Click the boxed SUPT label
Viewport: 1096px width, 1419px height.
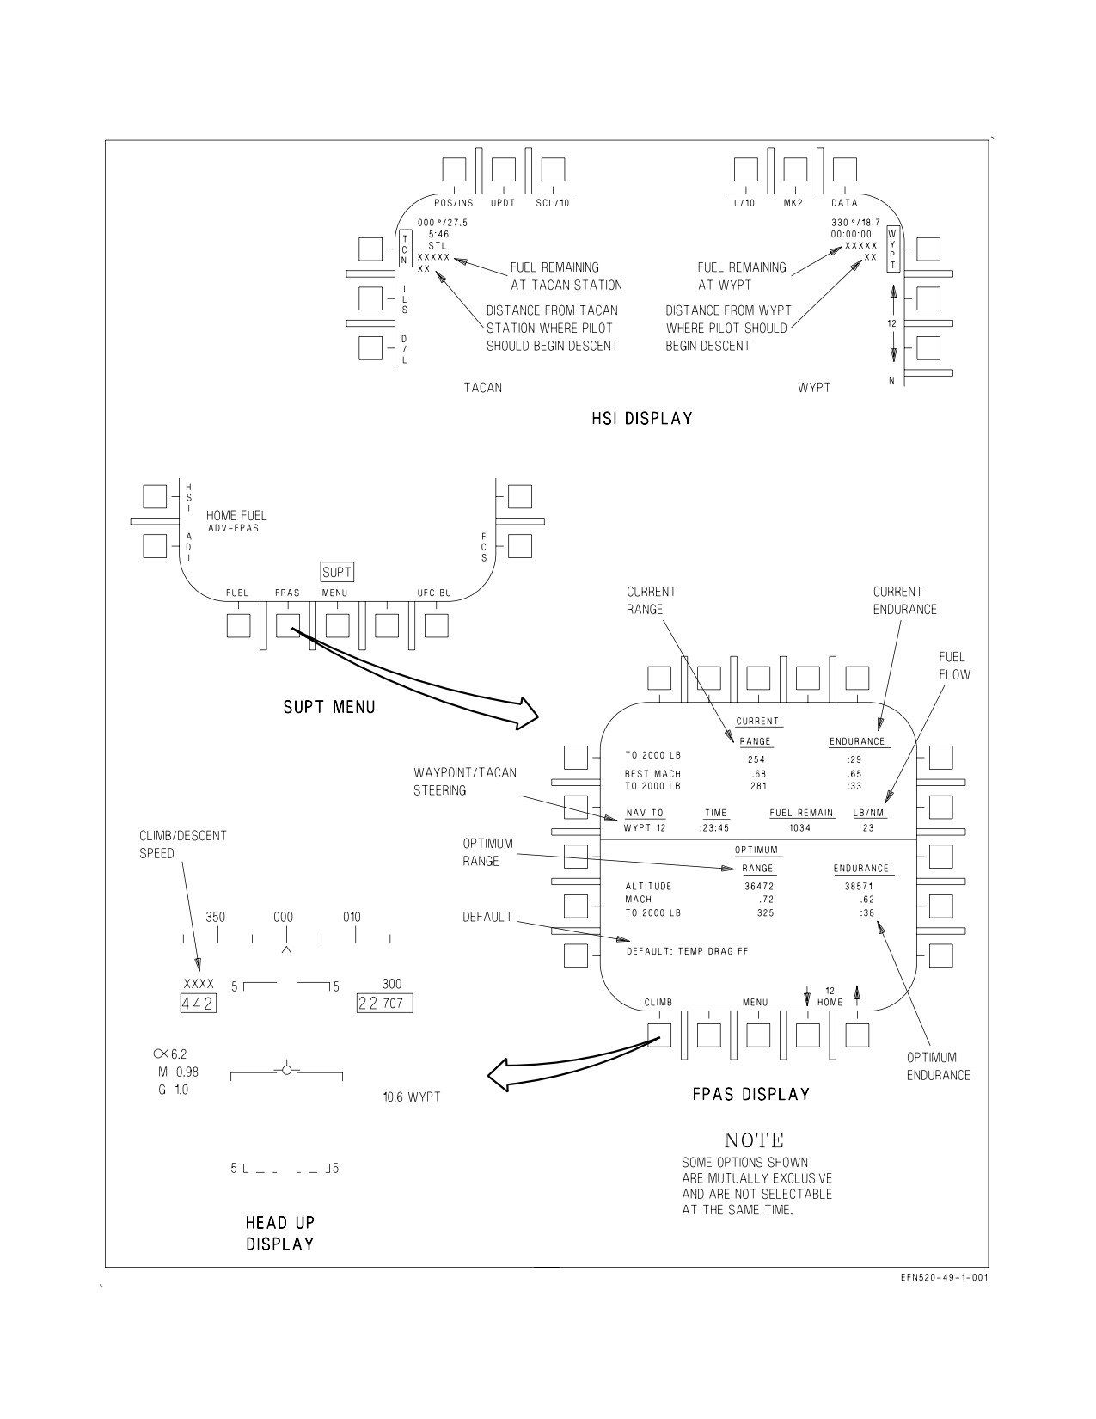[x=337, y=572]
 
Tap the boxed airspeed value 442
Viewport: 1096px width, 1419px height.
[x=198, y=1004]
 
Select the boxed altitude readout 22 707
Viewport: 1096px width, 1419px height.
[x=384, y=1003]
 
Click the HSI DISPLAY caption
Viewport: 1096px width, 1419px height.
[x=641, y=419]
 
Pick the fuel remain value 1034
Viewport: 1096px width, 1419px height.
[x=799, y=828]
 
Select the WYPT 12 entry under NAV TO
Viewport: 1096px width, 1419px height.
[x=645, y=828]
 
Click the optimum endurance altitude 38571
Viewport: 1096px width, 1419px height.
[x=859, y=886]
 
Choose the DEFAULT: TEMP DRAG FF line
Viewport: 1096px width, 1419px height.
[x=688, y=951]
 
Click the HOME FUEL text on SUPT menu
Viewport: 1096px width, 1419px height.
[x=236, y=516]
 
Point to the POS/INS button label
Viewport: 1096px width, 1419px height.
[x=454, y=203]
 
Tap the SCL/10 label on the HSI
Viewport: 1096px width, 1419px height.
[x=552, y=203]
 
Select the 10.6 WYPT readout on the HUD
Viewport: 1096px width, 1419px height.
[x=412, y=1097]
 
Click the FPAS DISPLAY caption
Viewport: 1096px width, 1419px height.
[x=750, y=1095]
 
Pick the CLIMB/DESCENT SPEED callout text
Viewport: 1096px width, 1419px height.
[x=183, y=845]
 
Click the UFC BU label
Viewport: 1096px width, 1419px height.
[x=434, y=593]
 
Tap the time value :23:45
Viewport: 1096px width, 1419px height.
[x=713, y=828]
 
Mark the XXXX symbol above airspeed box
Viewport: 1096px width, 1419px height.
[x=199, y=984]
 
